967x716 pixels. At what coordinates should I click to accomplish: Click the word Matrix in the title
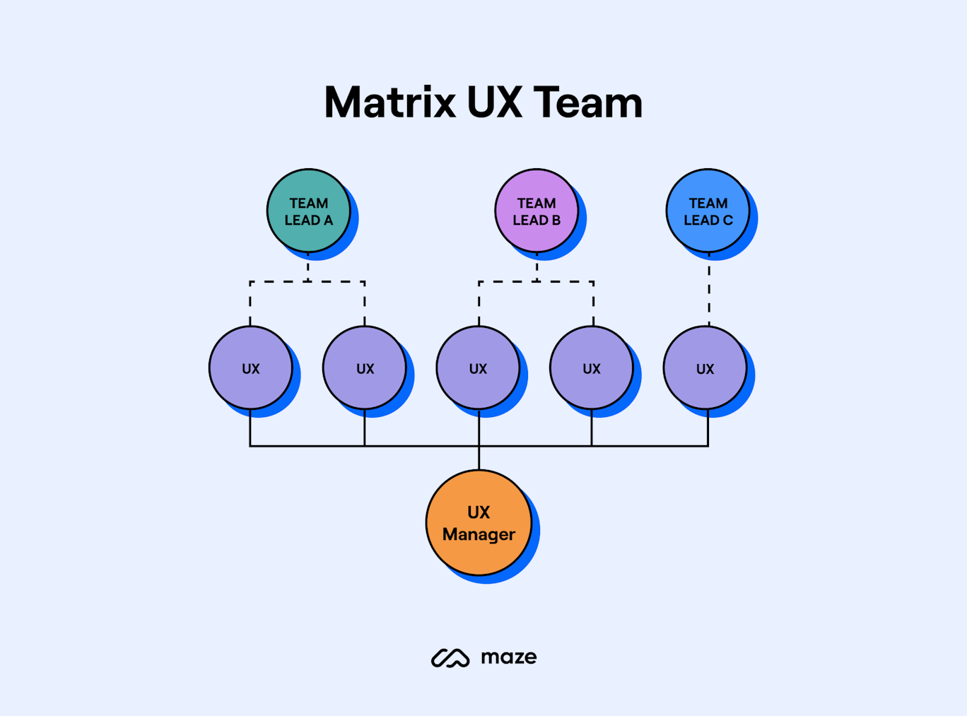[389, 102]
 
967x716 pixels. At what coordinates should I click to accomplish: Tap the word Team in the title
[587, 102]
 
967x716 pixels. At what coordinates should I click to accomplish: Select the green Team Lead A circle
[308, 211]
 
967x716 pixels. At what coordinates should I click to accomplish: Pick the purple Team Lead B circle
[537, 211]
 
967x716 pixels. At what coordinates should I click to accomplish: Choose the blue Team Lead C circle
[708, 211]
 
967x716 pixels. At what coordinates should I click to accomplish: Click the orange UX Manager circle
[479, 522]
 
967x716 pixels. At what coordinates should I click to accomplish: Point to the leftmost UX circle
[250, 368]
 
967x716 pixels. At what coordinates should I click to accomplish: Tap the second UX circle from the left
[364, 368]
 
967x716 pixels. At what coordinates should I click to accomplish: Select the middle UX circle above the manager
[478, 368]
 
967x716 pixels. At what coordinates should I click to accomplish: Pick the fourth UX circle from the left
[592, 368]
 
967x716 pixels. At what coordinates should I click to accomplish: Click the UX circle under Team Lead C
[705, 368]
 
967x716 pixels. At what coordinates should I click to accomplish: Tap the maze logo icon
[450, 658]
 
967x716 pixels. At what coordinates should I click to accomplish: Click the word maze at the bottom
[508, 658]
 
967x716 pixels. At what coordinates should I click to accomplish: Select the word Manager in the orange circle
[479, 534]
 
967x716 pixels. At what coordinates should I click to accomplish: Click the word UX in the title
[494, 102]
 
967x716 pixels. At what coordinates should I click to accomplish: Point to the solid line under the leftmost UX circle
[250, 428]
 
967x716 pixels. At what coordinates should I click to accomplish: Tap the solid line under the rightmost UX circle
[708, 428]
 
